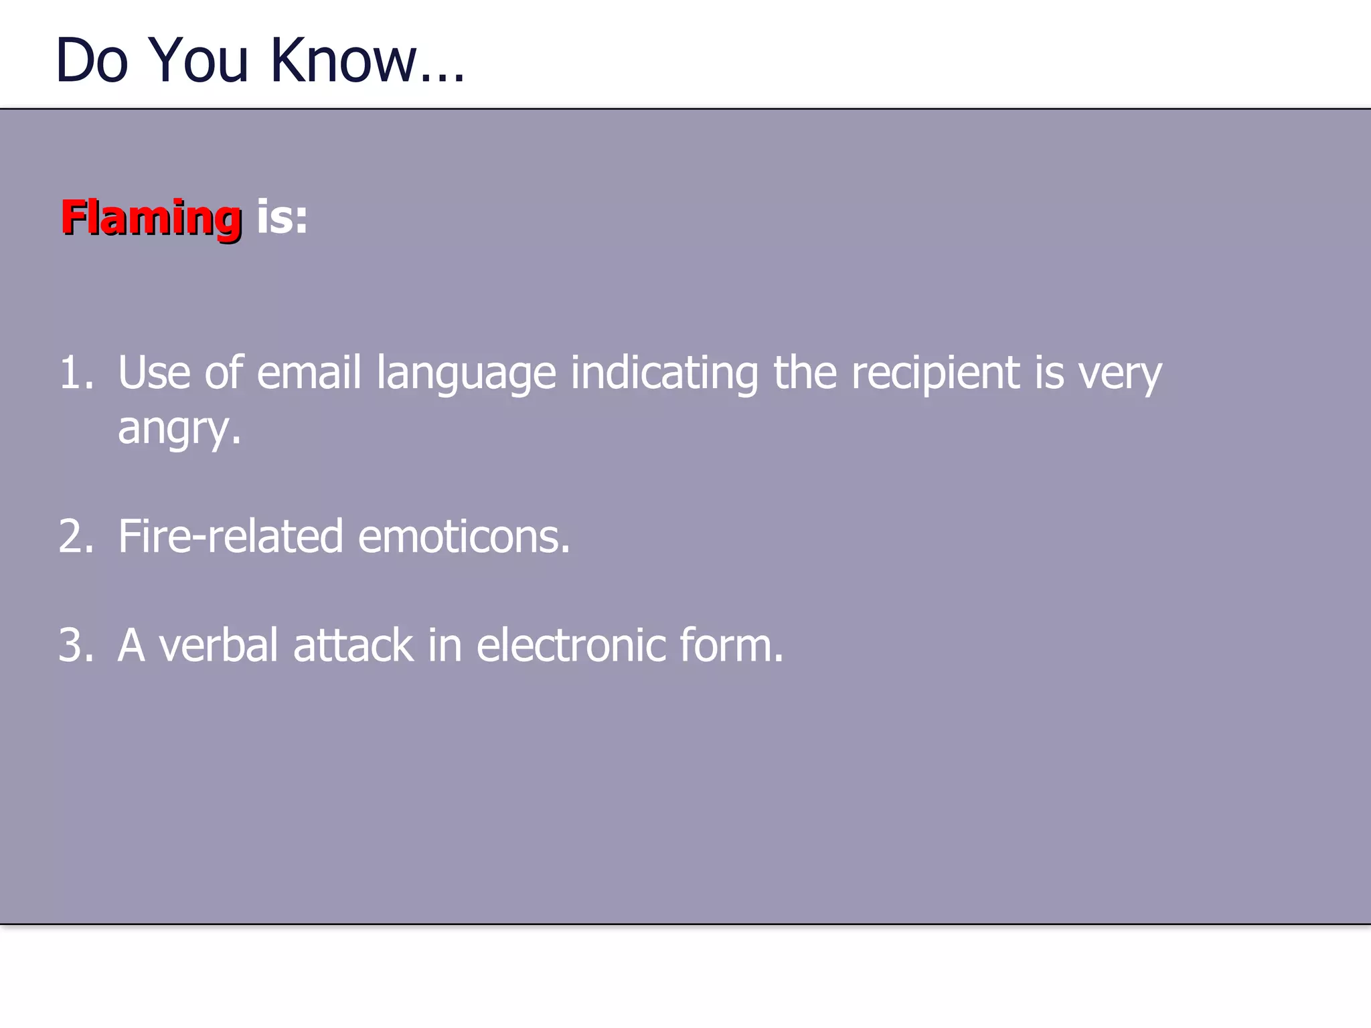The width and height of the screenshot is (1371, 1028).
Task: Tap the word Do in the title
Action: [x=92, y=61]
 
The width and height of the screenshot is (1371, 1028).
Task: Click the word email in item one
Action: [x=309, y=373]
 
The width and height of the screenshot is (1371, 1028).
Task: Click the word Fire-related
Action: [x=230, y=537]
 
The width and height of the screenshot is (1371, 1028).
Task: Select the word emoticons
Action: [x=463, y=537]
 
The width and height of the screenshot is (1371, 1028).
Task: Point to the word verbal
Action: [x=218, y=646]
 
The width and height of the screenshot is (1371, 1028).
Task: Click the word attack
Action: [x=353, y=646]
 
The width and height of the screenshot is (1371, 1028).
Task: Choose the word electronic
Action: [x=571, y=646]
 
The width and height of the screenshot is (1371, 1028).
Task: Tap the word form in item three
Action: [x=730, y=646]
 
